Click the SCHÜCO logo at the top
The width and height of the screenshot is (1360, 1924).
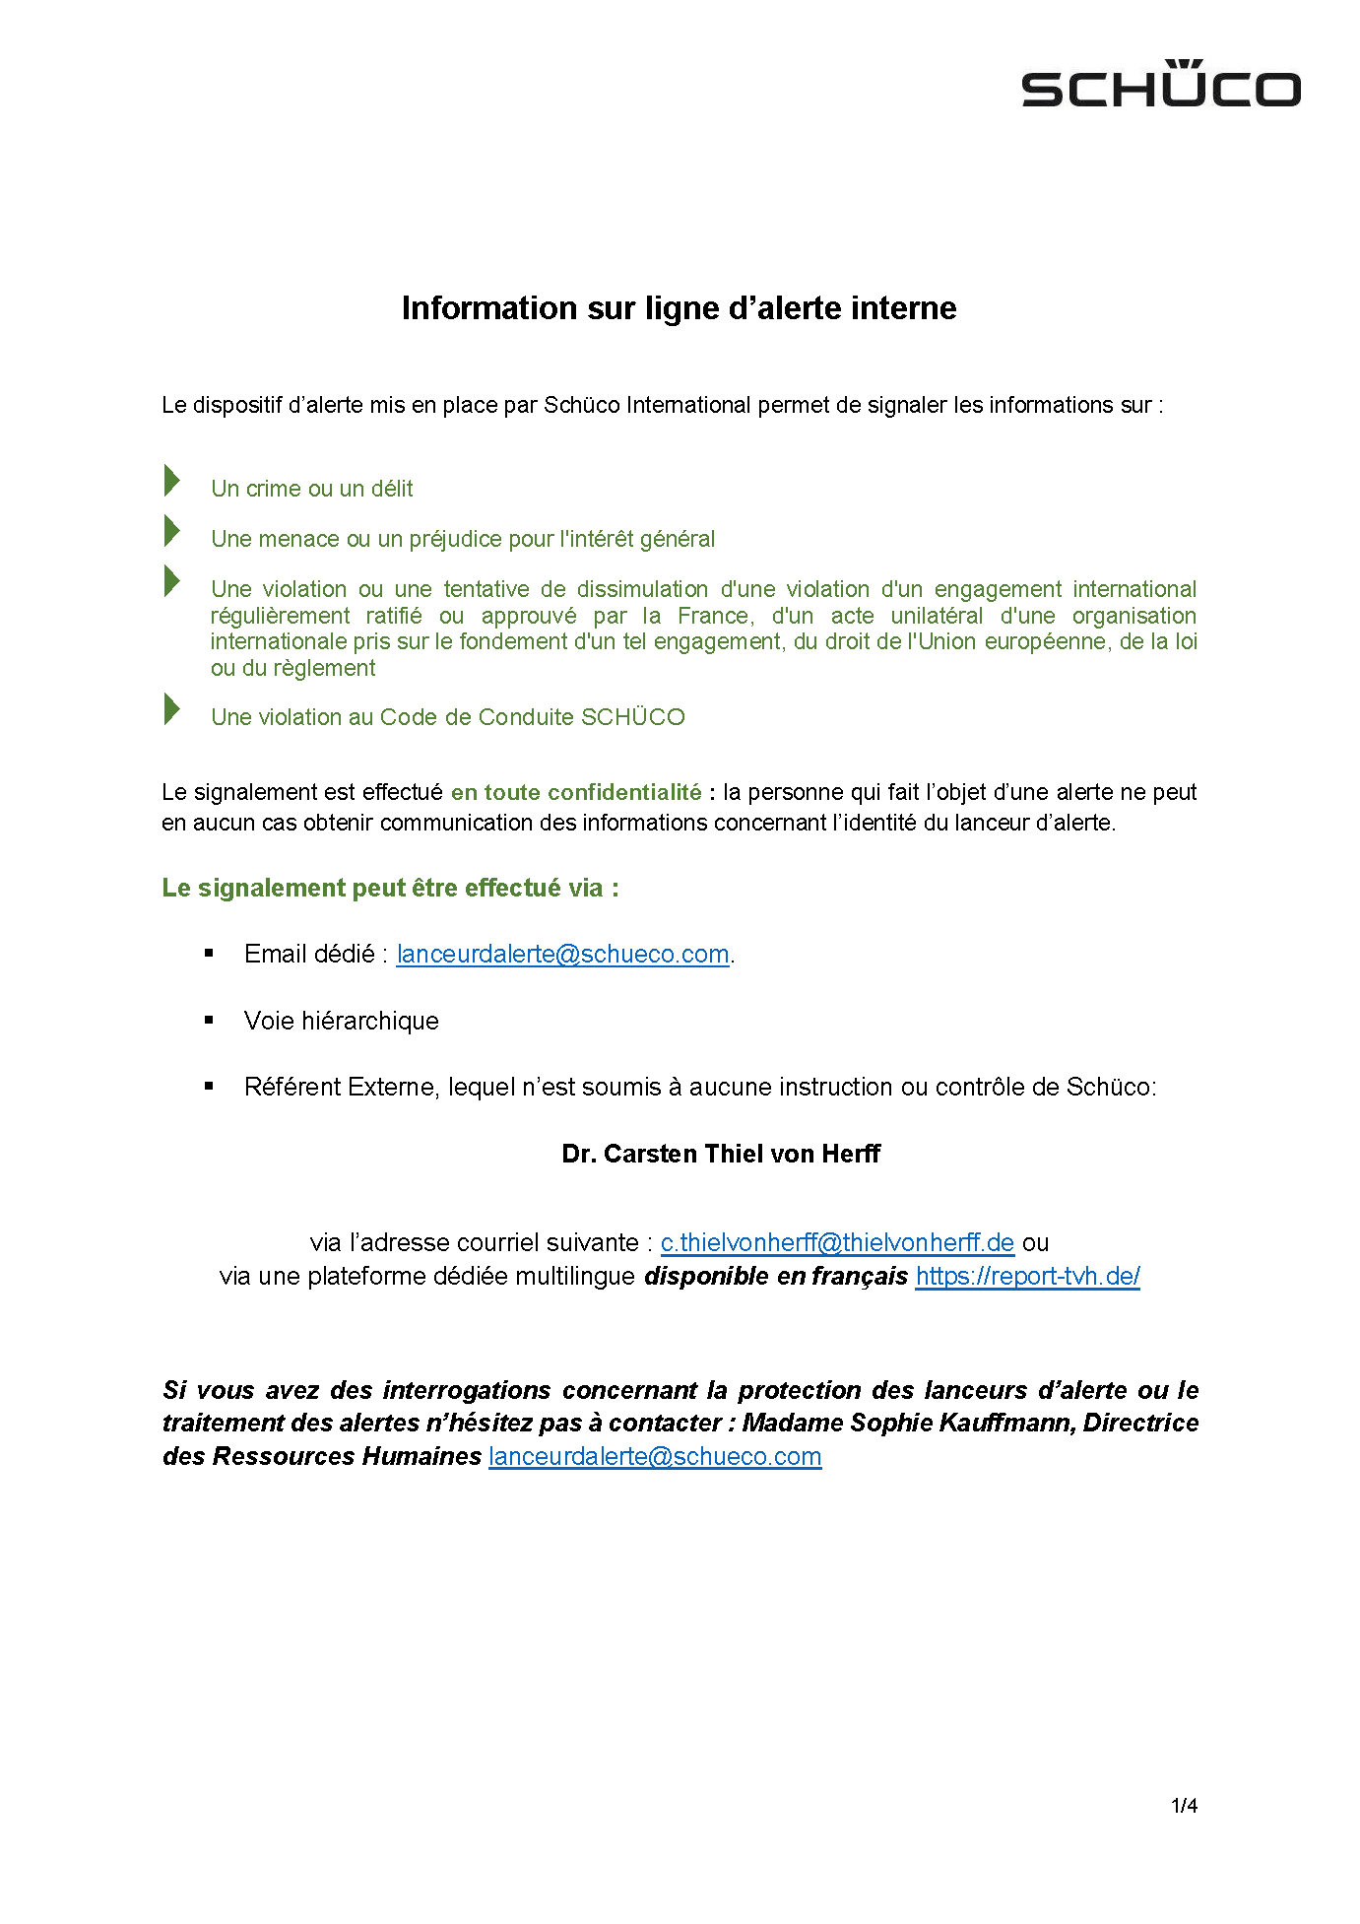(x=1161, y=85)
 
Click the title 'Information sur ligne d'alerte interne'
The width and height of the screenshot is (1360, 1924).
(x=679, y=308)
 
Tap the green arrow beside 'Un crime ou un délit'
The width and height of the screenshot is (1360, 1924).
(x=172, y=481)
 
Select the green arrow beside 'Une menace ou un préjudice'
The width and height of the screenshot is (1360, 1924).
(x=172, y=531)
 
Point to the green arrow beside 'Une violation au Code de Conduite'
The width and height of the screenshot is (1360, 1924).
(x=172, y=709)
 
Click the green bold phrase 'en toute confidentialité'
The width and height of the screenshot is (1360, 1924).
(x=576, y=792)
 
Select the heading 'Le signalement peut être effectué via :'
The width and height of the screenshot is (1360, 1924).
(x=390, y=888)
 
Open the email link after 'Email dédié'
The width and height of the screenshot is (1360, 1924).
(x=562, y=954)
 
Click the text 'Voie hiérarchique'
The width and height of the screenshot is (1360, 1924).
(x=341, y=1021)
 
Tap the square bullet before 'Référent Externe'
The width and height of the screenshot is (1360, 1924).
(x=209, y=1087)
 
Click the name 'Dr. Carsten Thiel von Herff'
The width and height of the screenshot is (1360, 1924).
(x=721, y=1154)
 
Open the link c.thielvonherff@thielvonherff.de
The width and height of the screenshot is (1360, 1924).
(x=837, y=1242)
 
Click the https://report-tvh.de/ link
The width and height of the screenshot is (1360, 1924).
(x=1027, y=1276)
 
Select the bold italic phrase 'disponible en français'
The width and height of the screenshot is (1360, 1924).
(x=776, y=1276)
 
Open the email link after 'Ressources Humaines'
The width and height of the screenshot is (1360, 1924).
(x=655, y=1456)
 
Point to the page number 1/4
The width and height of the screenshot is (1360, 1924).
(x=1184, y=1806)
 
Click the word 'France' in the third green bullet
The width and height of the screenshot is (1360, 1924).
(x=714, y=616)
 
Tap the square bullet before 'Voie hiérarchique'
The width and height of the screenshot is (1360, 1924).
(x=209, y=1021)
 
